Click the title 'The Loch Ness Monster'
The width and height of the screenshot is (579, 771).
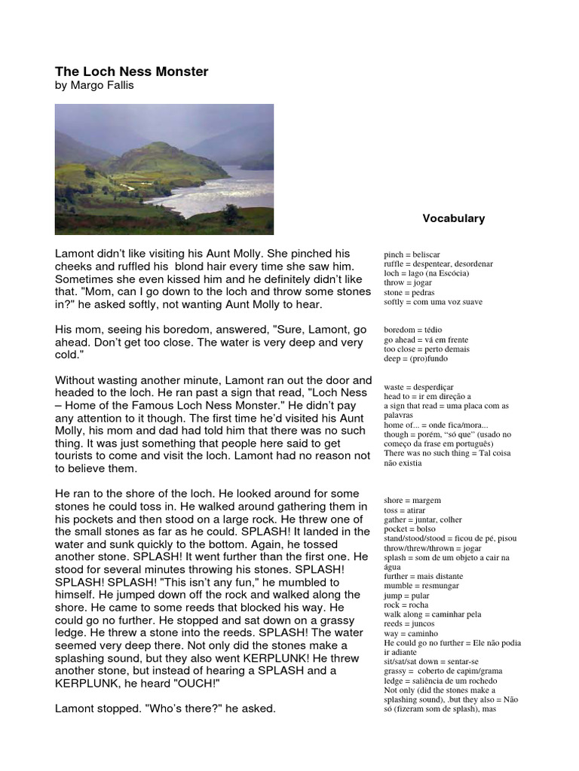pyautogui.click(x=131, y=72)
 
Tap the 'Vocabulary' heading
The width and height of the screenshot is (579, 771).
pyautogui.click(x=453, y=218)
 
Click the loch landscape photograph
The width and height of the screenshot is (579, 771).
pyautogui.click(x=164, y=169)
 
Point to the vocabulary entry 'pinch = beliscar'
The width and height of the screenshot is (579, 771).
pyautogui.click(x=412, y=255)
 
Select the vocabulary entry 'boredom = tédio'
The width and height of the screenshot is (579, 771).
pyautogui.click(x=412, y=330)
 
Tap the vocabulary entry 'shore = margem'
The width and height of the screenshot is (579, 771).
pyautogui.click(x=412, y=500)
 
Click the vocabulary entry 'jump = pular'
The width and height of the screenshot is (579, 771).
pyautogui.click(x=407, y=595)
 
